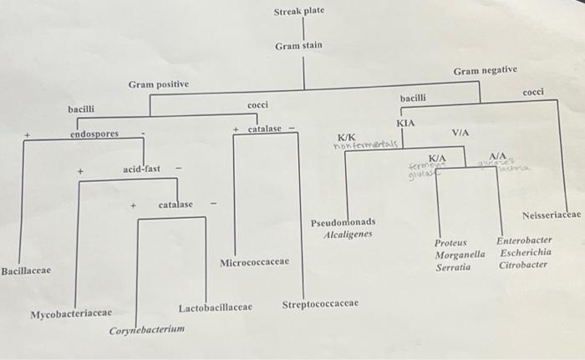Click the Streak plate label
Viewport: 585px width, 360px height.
click(298, 11)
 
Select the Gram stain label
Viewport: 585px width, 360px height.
click(298, 45)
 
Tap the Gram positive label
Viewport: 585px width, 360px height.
click(158, 84)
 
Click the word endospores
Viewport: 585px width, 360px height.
click(94, 134)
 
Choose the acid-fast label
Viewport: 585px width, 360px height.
click(141, 169)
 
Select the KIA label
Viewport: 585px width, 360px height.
click(405, 123)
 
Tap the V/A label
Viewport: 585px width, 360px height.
click(460, 133)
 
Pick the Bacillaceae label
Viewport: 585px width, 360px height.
click(26, 271)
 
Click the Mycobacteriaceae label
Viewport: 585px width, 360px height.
click(71, 314)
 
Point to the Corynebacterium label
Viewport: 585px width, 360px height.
click(147, 331)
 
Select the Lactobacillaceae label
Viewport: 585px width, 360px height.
click(215, 307)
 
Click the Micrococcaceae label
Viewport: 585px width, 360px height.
click(255, 262)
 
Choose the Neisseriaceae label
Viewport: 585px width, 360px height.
click(551, 215)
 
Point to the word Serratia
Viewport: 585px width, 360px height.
click(453, 268)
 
